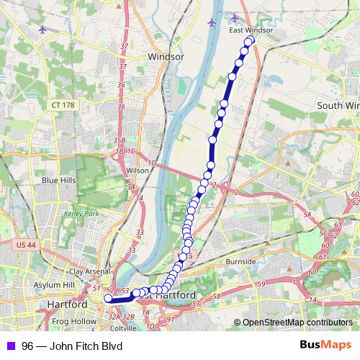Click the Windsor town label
(166, 55)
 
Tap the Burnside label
(240, 261)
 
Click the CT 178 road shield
(63, 105)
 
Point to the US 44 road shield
(23, 246)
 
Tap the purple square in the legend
(9, 346)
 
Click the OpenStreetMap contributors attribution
(297, 323)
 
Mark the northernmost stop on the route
(251, 40)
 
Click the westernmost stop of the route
(109, 298)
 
